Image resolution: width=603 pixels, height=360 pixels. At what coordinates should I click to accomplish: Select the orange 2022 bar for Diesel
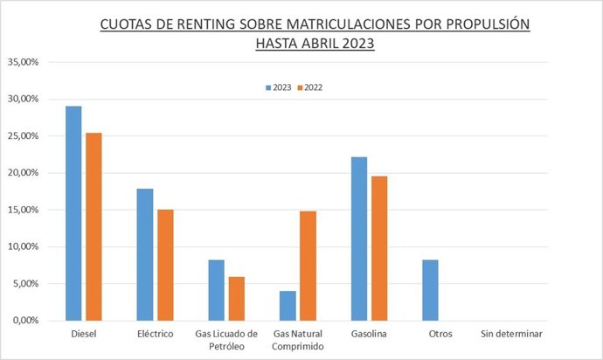click(x=94, y=226)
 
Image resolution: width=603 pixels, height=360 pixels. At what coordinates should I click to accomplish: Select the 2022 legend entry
click(x=312, y=87)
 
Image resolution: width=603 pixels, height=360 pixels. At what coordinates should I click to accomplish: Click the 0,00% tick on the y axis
click(x=24, y=321)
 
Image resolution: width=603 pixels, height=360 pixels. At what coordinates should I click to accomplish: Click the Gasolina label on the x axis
click(x=369, y=334)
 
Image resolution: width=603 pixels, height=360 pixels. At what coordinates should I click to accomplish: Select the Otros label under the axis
click(x=440, y=334)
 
